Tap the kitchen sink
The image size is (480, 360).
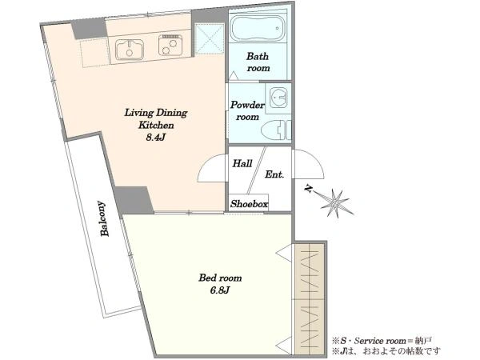tap(129, 49)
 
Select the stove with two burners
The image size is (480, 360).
tap(170, 45)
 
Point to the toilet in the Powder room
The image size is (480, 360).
tap(276, 130)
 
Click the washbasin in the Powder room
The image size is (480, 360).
tap(278, 98)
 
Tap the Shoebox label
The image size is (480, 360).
tap(249, 204)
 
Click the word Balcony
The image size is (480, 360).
tap(104, 218)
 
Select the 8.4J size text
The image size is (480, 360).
tap(155, 138)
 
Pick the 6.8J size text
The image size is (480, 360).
tap(219, 290)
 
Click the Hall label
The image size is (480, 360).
tap(242, 163)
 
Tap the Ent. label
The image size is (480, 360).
tap(274, 174)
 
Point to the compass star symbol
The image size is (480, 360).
tap(336, 203)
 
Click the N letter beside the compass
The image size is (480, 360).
tap(309, 189)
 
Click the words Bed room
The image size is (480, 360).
tap(220, 278)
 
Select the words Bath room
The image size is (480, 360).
tap(258, 62)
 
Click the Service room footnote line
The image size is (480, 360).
tap(382, 341)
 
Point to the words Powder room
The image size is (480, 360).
tap(247, 111)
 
